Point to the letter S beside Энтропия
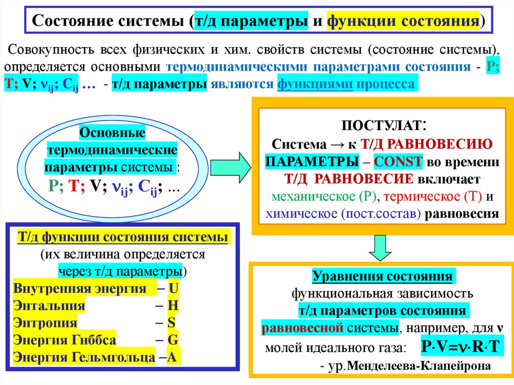pos(172,322)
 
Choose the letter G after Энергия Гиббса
pos(173,339)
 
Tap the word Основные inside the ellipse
pos(112,133)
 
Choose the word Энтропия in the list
pos(46,322)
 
